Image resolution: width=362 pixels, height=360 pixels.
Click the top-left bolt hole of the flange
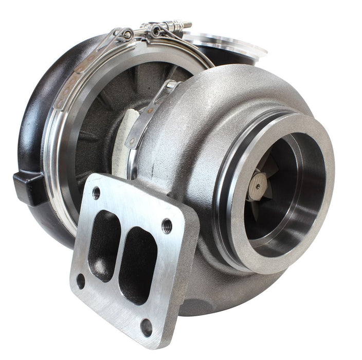pyautogui.click(x=96, y=193)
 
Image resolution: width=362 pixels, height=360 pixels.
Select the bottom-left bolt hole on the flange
pyautogui.click(x=81, y=281)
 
